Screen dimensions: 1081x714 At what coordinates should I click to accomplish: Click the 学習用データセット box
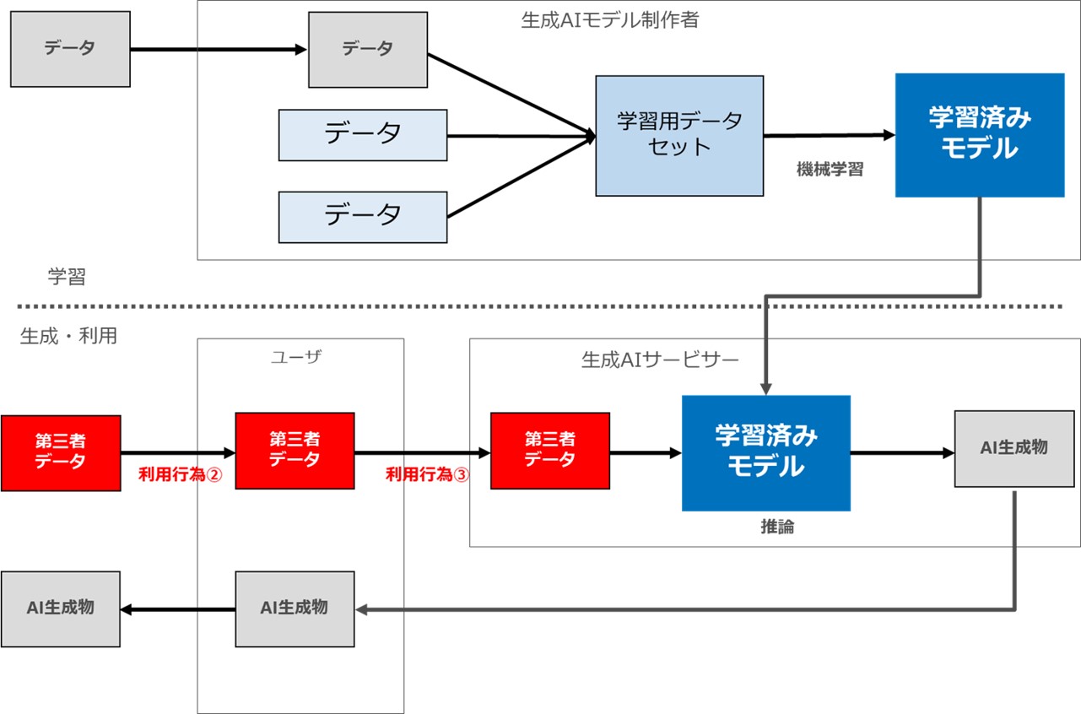tap(679, 136)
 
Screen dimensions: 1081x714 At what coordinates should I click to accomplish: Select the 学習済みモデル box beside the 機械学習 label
tap(980, 135)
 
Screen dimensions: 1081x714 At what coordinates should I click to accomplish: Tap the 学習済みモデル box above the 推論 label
tap(766, 453)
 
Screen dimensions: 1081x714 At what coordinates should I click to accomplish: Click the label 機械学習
tap(830, 170)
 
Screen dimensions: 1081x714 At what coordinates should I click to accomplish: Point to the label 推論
tap(777, 526)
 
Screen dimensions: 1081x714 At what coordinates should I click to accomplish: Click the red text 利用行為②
tap(180, 474)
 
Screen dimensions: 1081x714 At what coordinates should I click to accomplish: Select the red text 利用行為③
tap(427, 474)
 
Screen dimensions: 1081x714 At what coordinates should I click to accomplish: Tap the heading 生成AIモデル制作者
tap(610, 20)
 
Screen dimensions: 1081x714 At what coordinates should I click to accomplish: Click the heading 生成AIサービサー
tap(660, 360)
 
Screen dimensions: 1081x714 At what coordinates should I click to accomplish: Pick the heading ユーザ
tap(296, 357)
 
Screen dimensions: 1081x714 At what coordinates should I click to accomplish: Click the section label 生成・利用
tap(68, 336)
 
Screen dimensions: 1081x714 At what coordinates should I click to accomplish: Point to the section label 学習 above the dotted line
tap(67, 277)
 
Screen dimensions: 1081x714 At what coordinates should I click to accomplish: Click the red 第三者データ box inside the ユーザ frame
tap(295, 451)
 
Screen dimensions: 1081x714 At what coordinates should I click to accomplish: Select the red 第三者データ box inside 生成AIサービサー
tap(550, 451)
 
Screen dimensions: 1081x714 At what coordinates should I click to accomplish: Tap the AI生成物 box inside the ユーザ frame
tap(295, 609)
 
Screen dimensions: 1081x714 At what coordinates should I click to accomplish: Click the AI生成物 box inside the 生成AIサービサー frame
tap(1014, 449)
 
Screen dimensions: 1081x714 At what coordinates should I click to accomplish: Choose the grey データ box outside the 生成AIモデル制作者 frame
tap(70, 49)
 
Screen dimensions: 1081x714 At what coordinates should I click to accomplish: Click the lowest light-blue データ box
tap(363, 217)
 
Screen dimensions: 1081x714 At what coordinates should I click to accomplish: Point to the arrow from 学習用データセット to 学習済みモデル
tap(830, 136)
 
